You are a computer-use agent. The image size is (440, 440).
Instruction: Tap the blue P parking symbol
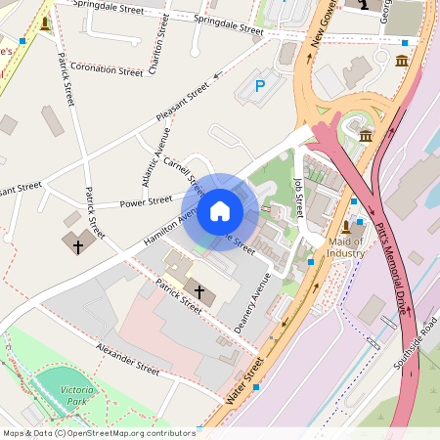260,86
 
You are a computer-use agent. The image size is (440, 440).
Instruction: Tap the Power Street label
146,202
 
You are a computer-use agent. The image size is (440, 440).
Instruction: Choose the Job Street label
299,197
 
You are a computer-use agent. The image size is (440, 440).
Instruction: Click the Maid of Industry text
346,247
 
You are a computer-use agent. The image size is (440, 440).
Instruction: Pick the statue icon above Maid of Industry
345,227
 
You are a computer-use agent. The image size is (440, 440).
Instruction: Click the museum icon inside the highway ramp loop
366,135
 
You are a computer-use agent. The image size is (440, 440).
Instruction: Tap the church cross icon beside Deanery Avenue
200,291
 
